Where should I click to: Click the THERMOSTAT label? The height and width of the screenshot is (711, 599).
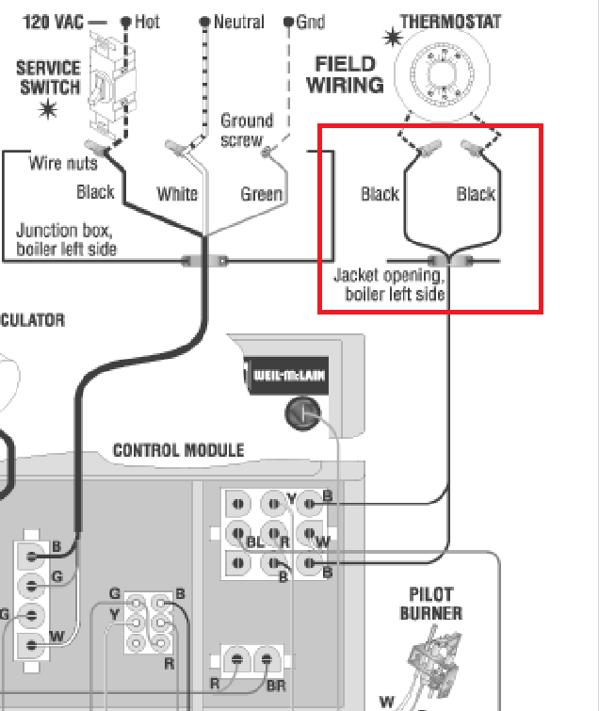tap(450, 21)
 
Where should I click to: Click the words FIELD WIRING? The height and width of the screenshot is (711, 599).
tap(348, 74)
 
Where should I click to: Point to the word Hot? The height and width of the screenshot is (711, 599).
tap(147, 21)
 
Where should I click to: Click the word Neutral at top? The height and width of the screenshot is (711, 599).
tap(238, 21)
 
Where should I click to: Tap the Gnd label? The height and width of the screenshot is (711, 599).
tap(311, 21)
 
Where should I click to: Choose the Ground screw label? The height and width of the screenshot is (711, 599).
tap(246, 130)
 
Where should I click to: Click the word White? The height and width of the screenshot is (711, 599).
tap(177, 194)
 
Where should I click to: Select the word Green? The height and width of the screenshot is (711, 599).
tap(261, 194)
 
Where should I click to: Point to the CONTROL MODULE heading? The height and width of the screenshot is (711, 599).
tap(179, 450)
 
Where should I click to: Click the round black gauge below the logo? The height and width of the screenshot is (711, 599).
tap(302, 413)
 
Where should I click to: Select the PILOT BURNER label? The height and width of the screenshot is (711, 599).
tap(431, 604)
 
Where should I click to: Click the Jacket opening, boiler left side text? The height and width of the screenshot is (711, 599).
tap(389, 284)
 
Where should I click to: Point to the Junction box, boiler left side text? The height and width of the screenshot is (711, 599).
tap(67, 239)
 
